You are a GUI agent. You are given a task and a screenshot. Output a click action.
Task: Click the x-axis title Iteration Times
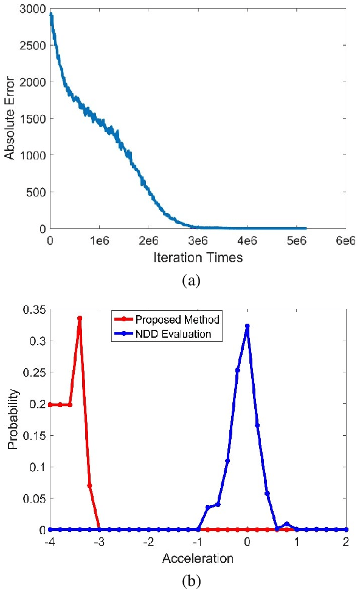point(198,257)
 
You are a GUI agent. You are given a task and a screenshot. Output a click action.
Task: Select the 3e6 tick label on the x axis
point(198,241)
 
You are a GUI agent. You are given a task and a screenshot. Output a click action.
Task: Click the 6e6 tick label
point(345,241)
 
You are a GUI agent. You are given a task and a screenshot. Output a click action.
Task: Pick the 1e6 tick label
point(99,241)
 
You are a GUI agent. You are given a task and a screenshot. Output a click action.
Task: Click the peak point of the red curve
point(80,318)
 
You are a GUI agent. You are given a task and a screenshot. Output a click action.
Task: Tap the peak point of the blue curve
point(247,326)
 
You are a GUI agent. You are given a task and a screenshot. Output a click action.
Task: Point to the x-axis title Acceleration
point(198,557)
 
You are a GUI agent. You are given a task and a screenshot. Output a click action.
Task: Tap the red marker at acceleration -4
point(50,405)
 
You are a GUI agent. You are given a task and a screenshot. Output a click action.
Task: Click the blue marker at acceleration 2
point(347,529)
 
